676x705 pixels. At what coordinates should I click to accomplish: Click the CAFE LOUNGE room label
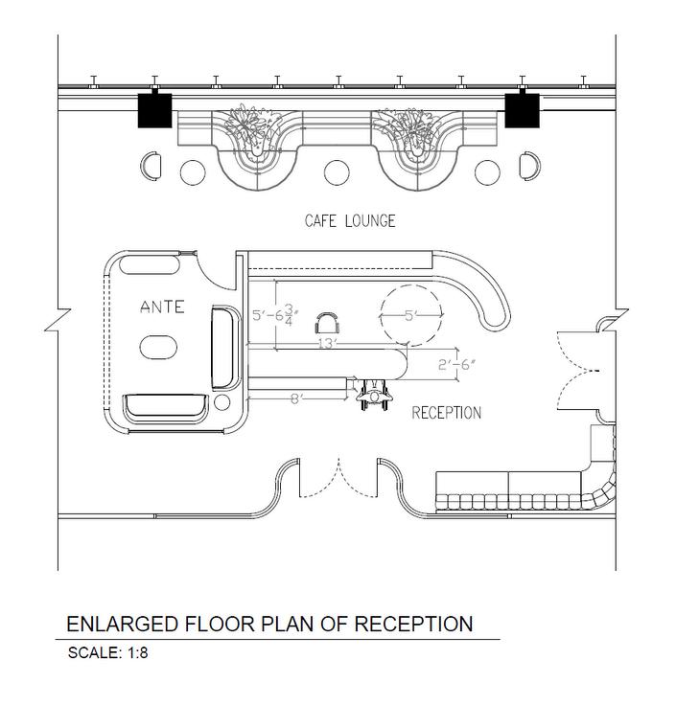(x=350, y=221)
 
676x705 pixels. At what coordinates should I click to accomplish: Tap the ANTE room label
(x=162, y=307)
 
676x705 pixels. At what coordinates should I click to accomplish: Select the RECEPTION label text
(x=446, y=413)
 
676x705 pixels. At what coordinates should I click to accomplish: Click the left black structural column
(x=154, y=110)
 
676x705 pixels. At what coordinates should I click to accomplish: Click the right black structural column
(x=522, y=110)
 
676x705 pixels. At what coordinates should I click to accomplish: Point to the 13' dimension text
(x=328, y=343)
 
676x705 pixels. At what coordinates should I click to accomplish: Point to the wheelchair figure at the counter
(x=372, y=393)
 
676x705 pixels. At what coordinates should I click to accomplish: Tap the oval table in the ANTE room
(x=158, y=346)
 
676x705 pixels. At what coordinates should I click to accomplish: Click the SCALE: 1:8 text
(x=107, y=654)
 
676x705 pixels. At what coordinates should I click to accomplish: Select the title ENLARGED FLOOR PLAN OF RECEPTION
(x=269, y=625)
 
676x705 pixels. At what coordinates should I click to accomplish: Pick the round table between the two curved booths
(x=337, y=172)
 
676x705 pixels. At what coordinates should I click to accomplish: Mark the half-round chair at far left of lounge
(x=151, y=167)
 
